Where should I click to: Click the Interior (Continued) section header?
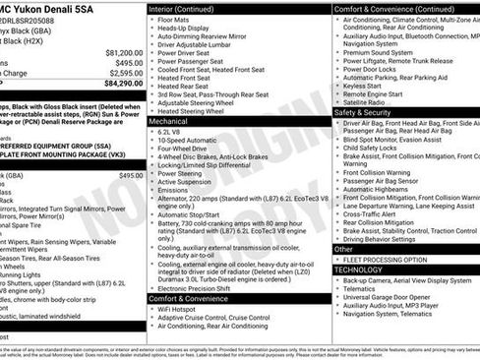[x=188, y=8]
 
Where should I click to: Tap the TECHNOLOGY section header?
[x=358, y=269]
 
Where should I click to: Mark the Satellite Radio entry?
[x=366, y=101]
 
